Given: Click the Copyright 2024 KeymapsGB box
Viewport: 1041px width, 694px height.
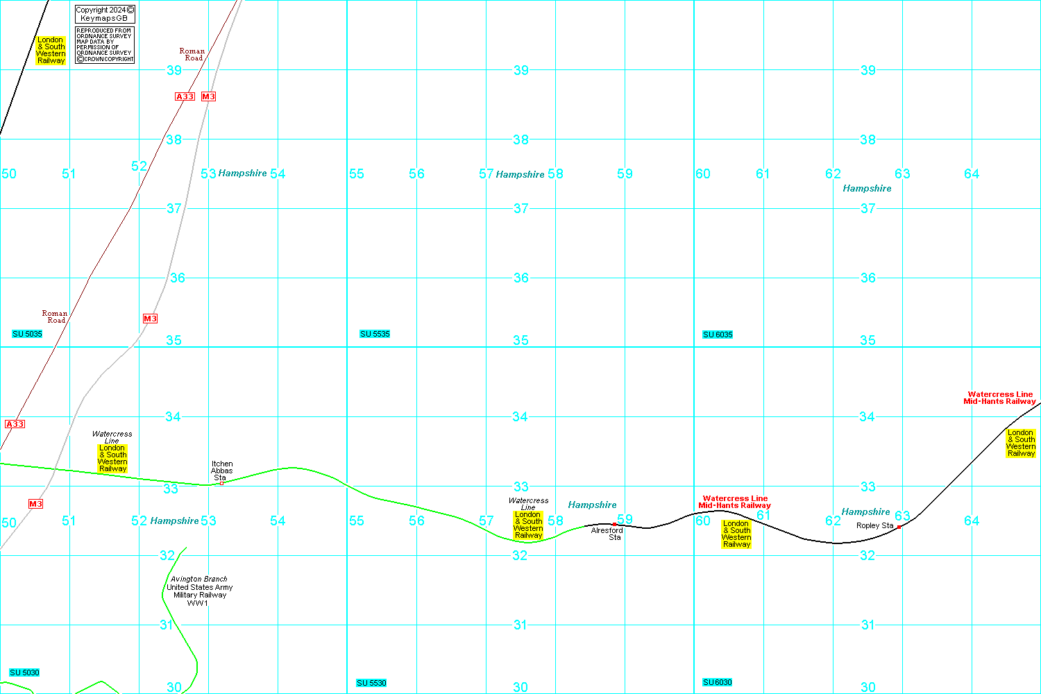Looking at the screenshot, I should [x=104, y=14].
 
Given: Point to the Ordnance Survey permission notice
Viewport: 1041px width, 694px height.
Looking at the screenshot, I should [x=104, y=45].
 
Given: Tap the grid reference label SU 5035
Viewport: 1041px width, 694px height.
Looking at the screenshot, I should [x=28, y=335].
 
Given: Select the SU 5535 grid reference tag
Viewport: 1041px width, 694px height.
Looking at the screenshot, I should [x=375, y=335].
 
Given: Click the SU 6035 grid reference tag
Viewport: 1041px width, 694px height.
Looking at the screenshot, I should [x=718, y=335].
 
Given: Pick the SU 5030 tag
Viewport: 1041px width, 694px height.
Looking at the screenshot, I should [x=24, y=672].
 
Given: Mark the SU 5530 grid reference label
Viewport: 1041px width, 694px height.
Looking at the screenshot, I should [x=371, y=683].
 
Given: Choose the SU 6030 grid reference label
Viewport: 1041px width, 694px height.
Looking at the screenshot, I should [x=718, y=682].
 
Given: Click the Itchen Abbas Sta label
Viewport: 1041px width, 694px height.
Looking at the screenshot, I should [x=222, y=471].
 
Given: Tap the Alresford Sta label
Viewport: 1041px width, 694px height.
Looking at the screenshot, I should [x=607, y=534].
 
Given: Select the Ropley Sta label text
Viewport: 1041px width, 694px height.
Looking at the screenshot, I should [x=874, y=525].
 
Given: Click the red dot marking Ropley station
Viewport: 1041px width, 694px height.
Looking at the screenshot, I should [x=899, y=527].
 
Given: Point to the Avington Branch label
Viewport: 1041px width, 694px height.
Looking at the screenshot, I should [x=199, y=579].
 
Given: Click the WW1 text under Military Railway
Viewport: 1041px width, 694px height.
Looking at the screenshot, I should [x=198, y=603].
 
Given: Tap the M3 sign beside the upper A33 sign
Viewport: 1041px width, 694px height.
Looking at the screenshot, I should [x=208, y=96].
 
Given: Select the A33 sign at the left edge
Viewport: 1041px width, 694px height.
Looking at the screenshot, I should [x=15, y=424].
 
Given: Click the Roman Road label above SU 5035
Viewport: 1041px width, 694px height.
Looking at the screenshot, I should [x=55, y=316].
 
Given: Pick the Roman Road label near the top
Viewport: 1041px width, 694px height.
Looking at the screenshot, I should [x=192, y=54].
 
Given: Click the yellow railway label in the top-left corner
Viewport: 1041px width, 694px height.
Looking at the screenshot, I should [x=51, y=50].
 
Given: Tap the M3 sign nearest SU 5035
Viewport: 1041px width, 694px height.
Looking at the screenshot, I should [x=150, y=319].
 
